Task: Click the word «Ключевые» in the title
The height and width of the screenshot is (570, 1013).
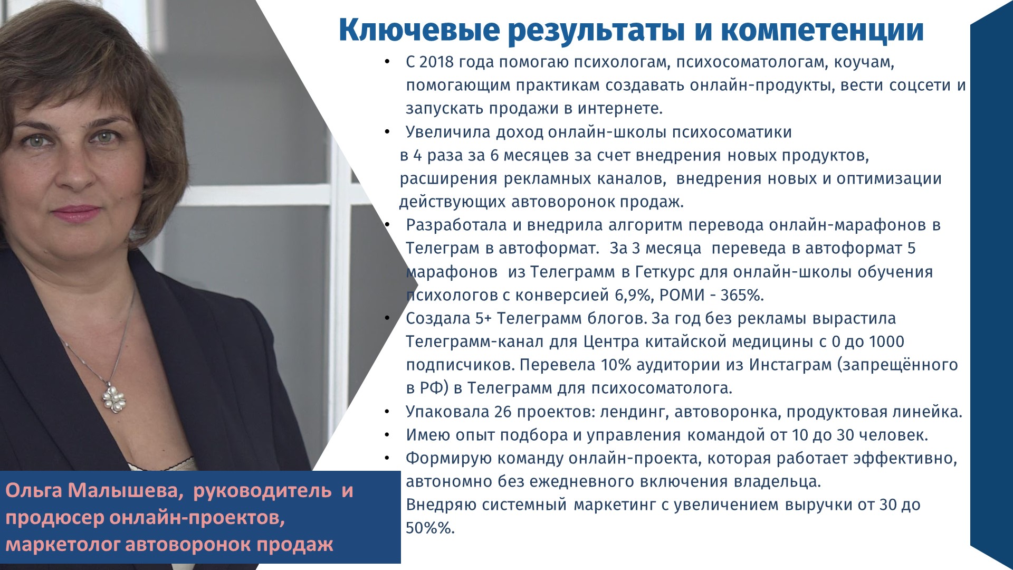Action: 419,31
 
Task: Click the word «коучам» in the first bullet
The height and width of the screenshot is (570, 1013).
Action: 864,63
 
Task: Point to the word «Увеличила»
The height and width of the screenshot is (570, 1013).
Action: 448,132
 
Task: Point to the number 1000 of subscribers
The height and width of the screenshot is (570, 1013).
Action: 886,341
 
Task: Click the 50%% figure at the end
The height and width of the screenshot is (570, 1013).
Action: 430,528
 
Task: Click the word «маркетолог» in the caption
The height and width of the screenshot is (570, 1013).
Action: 63,545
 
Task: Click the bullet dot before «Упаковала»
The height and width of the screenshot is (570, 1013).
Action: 387,412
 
